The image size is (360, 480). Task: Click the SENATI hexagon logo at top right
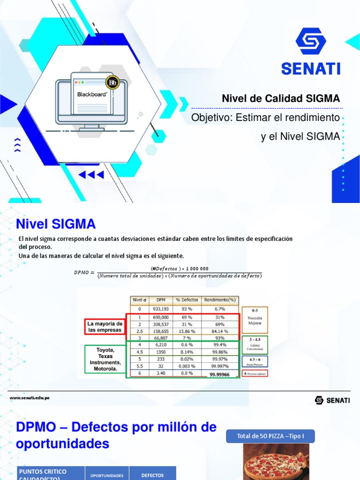click(311, 42)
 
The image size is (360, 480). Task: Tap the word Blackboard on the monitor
click(92, 94)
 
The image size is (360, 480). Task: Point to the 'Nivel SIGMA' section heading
click(56, 223)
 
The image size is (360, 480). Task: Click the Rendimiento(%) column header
click(219, 300)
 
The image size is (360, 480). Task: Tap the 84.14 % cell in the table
click(219, 331)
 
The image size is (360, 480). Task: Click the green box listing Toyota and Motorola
click(105, 359)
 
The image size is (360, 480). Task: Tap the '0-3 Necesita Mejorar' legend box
click(255, 319)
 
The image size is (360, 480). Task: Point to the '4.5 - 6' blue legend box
click(255, 361)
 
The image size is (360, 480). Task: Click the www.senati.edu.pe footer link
click(30, 397)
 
